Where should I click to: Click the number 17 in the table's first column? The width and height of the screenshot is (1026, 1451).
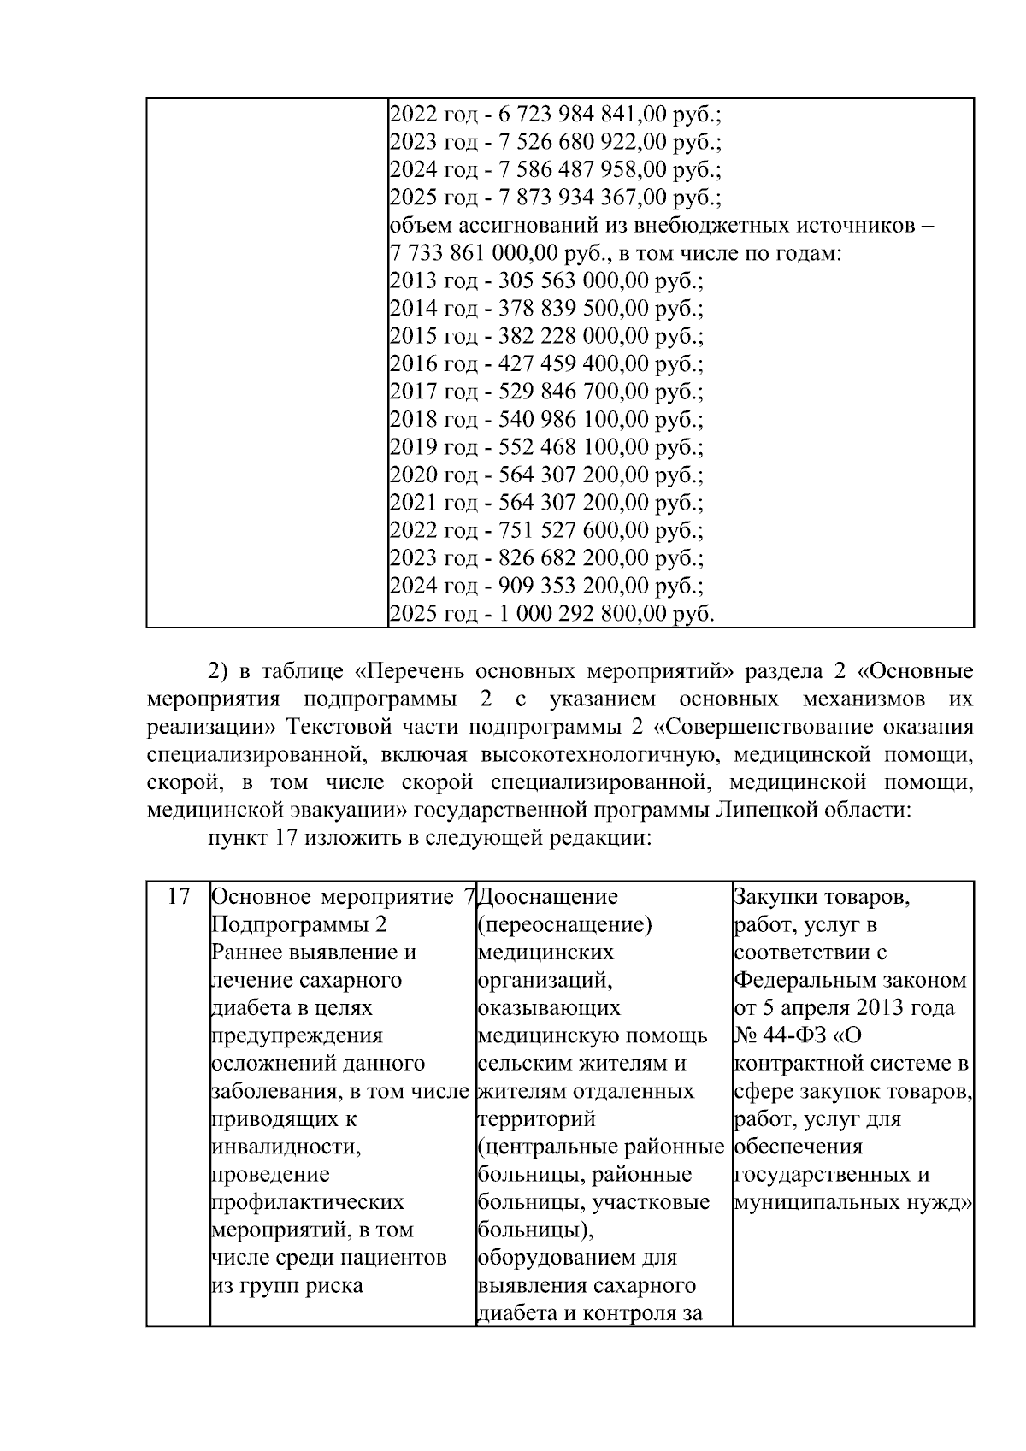pyautogui.click(x=178, y=897)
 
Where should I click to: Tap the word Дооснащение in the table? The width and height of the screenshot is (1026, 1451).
pyautogui.click(x=547, y=897)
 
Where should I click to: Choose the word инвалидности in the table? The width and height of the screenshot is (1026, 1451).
pyautogui.click(x=286, y=1147)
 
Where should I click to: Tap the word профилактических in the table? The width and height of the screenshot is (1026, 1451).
pyautogui.click(x=307, y=1202)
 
